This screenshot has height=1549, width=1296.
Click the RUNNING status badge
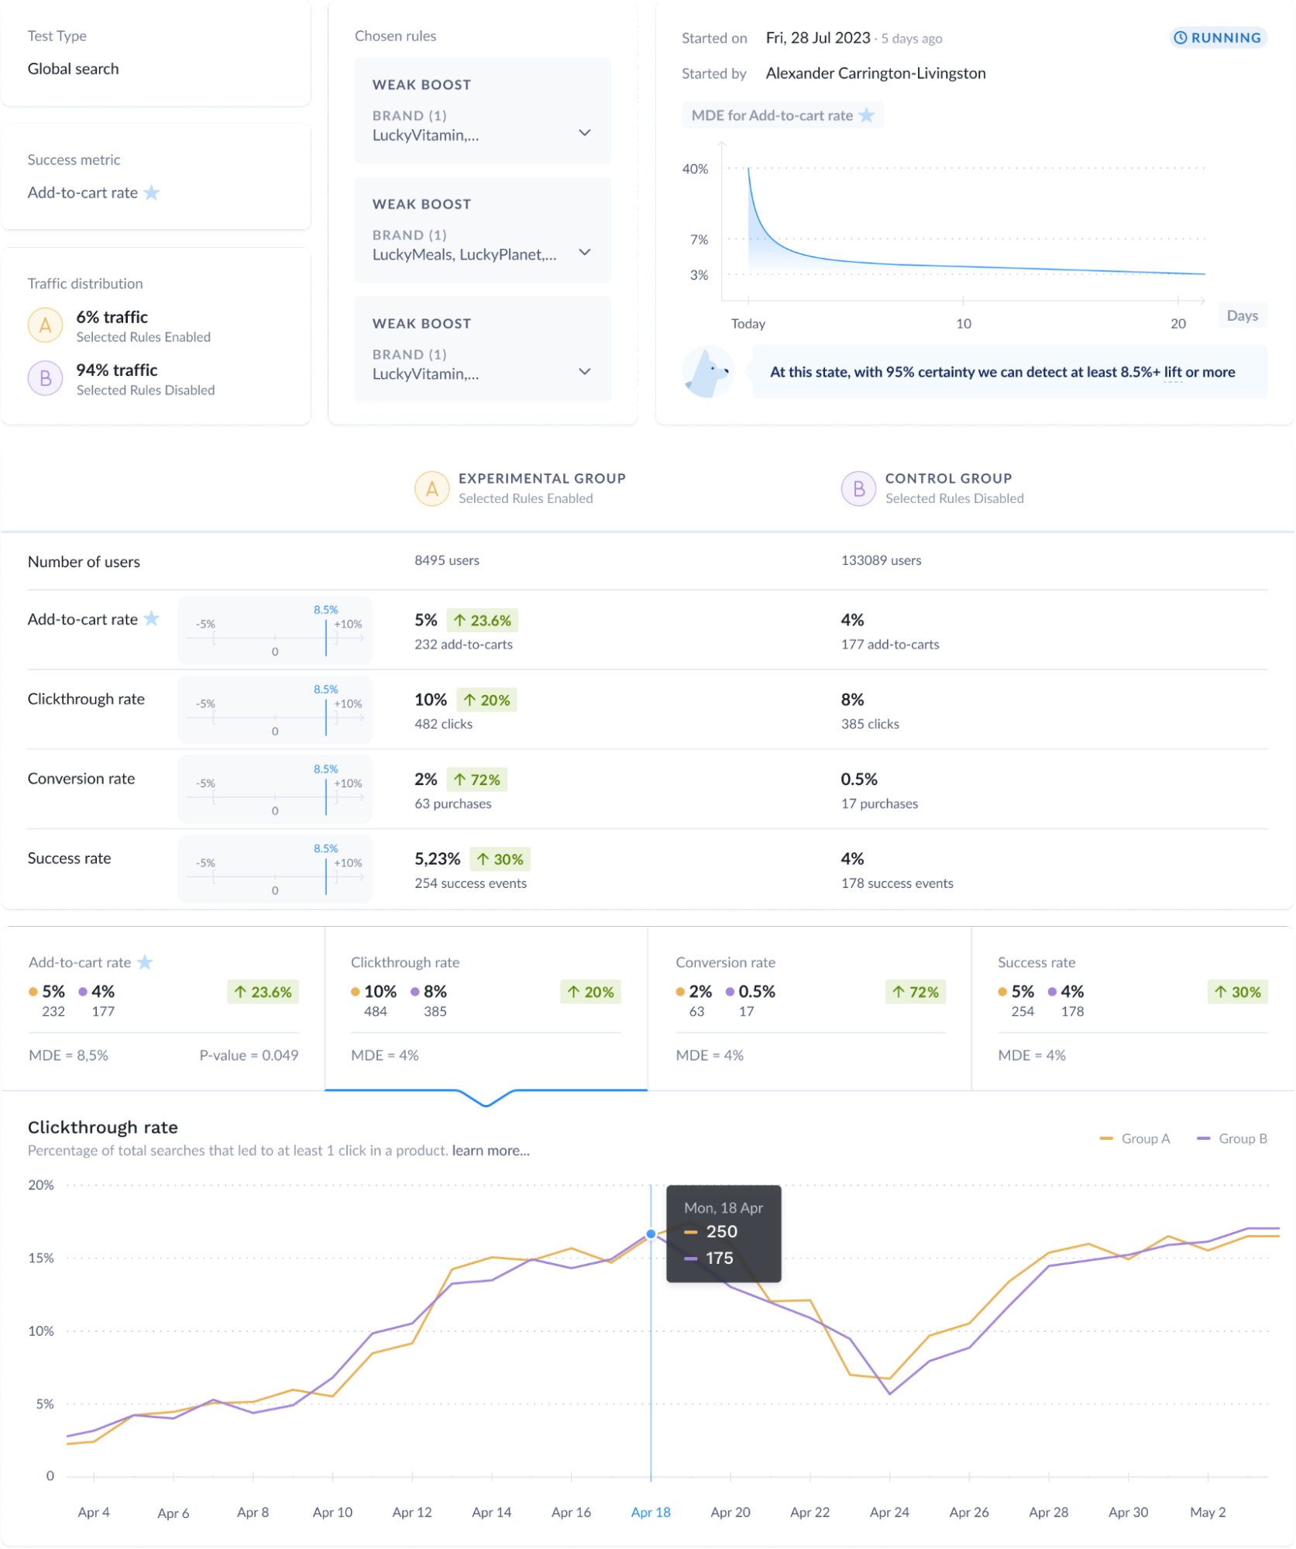coord(1218,38)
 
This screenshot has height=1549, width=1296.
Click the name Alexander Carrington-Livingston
coord(875,74)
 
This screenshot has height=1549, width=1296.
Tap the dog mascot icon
coord(708,373)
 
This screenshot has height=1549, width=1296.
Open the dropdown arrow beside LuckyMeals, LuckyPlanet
coord(585,253)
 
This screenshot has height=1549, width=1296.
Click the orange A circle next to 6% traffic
coord(46,325)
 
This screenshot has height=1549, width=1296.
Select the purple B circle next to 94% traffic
coord(46,378)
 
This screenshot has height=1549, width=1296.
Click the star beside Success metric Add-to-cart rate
coord(152,193)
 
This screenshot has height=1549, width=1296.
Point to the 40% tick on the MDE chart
coord(695,169)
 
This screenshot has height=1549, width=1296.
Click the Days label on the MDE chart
coord(1242,315)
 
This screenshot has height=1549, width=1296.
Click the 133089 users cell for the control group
coord(881,560)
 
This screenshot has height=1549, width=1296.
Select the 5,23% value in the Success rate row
coord(437,859)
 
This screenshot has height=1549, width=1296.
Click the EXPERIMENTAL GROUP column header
coord(541,479)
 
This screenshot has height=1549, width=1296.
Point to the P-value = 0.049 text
coord(249,1055)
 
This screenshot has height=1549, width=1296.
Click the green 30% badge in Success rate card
coord(1237,992)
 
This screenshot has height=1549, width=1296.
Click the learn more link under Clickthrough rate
coord(490,1151)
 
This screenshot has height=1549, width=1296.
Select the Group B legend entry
coord(1232,1138)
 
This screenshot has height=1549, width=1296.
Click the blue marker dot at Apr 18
coord(651,1234)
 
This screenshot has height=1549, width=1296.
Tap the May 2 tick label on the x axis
coord(1208,1512)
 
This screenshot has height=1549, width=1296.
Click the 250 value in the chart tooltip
coord(721,1231)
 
